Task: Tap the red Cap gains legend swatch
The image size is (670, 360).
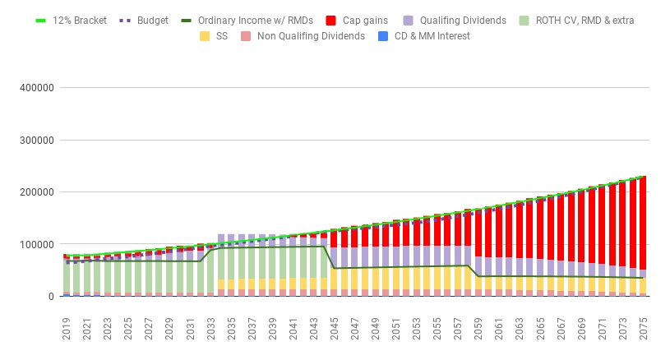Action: [332, 20]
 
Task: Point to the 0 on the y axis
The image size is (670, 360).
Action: [50, 296]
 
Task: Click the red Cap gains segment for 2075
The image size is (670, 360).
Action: [642, 222]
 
